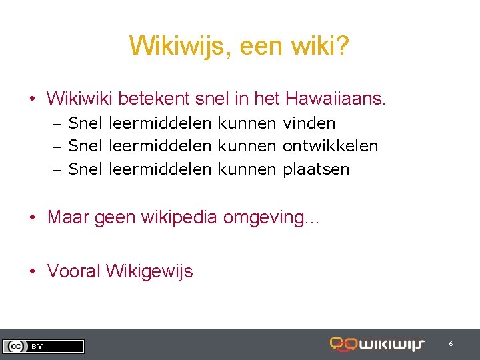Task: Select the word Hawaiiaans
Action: [x=335, y=99]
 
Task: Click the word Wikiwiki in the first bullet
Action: [x=79, y=99]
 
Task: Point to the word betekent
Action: [x=153, y=99]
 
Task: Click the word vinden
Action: [x=309, y=123]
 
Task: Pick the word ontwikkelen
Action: [x=330, y=146]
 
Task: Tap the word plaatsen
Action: [x=316, y=169]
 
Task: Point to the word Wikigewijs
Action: [x=149, y=271]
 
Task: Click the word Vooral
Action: [x=74, y=271]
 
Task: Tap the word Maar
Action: [x=69, y=218]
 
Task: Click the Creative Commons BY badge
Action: [x=43, y=346]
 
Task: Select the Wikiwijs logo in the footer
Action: [x=377, y=345]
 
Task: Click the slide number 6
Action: [x=451, y=344]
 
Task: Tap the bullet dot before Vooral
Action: [x=33, y=272]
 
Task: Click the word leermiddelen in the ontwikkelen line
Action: [x=159, y=146]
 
